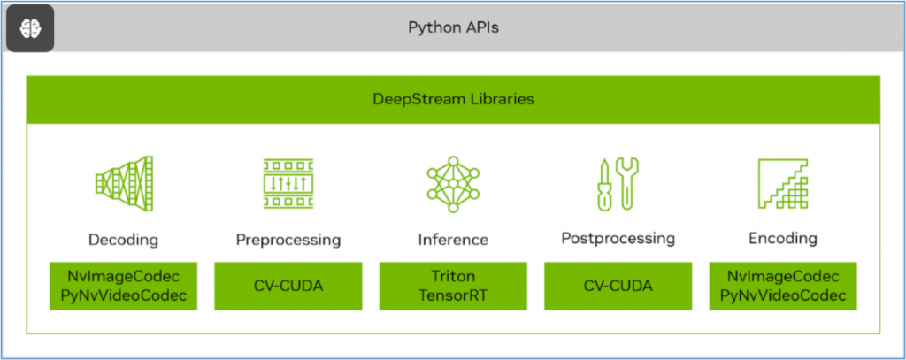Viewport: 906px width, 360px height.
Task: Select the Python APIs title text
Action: click(452, 27)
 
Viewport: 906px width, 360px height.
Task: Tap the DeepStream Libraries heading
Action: click(453, 99)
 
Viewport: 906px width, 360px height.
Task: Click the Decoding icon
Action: click(123, 184)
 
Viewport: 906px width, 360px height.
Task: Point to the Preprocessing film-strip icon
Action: click(288, 184)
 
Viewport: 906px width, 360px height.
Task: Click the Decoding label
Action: click(123, 239)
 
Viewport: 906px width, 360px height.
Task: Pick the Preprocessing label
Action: click(288, 240)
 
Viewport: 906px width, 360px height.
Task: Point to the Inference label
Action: click(452, 240)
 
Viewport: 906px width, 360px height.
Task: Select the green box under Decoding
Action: click(123, 286)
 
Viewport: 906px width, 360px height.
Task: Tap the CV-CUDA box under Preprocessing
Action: click(288, 286)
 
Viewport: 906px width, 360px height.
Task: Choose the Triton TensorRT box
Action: click(452, 286)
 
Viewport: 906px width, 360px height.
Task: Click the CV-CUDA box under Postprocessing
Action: click(618, 286)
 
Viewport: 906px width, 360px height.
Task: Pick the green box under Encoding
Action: click(782, 286)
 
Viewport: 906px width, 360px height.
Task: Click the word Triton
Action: click(452, 277)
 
